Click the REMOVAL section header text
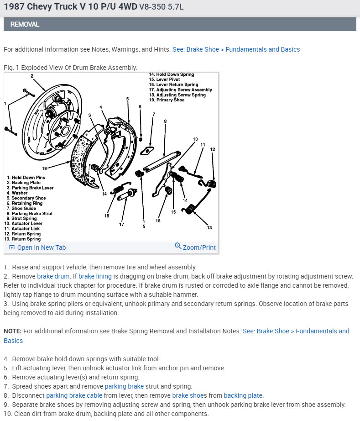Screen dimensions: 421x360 point(25,24)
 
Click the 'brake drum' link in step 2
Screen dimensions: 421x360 point(53,276)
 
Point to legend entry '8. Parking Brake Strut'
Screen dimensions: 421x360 point(30,213)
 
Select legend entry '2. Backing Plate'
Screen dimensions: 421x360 point(23,183)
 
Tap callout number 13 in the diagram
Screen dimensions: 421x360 point(209,227)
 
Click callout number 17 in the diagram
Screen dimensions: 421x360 point(121,224)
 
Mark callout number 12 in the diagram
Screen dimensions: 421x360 point(213,149)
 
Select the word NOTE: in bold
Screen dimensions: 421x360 point(13,331)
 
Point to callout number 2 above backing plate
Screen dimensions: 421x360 point(32,76)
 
